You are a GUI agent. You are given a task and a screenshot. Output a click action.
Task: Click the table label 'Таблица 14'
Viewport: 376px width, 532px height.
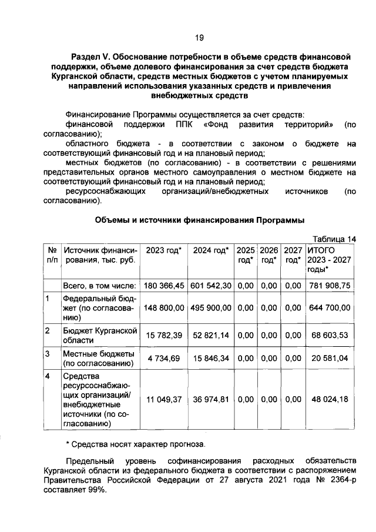(x=334, y=239)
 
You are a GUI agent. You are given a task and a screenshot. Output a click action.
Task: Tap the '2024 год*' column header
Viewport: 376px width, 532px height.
(x=210, y=250)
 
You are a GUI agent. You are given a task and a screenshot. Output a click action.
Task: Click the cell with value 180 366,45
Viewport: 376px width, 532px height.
(x=164, y=285)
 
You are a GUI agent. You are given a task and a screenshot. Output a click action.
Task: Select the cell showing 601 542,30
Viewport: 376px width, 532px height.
(x=210, y=285)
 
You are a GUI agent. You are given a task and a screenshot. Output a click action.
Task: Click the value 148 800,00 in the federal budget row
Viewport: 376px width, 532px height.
(x=164, y=307)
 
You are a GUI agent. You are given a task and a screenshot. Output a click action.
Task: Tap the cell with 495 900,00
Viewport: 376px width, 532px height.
(x=210, y=307)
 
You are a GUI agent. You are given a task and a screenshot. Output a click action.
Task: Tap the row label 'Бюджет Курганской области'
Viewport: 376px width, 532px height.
(x=99, y=335)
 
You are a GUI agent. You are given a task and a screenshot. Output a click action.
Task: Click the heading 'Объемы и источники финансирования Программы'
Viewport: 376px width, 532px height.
(x=200, y=220)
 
